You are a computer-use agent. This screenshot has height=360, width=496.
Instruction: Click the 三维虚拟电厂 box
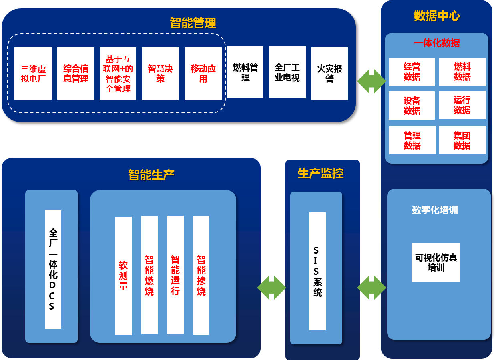pyautogui.click(x=33, y=73)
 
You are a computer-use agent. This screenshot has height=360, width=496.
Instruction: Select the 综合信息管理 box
pyautogui.click(x=76, y=73)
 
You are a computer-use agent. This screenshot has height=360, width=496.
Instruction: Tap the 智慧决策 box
pyautogui.click(x=160, y=73)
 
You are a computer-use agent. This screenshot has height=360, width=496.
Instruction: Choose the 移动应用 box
pyautogui.click(x=203, y=73)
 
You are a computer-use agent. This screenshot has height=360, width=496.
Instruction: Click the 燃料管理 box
pyautogui.click(x=245, y=72)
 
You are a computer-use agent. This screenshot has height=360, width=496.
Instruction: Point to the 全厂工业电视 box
pyautogui.click(x=287, y=72)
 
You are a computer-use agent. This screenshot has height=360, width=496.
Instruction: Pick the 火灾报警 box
pyautogui.click(x=329, y=73)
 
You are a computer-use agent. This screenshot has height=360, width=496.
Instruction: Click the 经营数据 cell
pyautogui.click(x=412, y=72)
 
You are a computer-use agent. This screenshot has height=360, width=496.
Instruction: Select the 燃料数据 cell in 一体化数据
pyautogui.click(x=462, y=72)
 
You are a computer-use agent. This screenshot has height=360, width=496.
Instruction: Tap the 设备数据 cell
pyautogui.click(x=412, y=105)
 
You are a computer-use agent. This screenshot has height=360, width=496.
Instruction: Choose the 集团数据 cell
pyautogui.click(x=462, y=140)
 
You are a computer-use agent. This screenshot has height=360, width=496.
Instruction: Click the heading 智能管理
pyautogui.click(x=193, y=23)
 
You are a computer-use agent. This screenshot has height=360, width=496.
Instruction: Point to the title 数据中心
pyautogui.click(x=437, y=16)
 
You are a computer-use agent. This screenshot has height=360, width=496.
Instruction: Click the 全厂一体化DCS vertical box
pyautogui.click(x=53, y=269)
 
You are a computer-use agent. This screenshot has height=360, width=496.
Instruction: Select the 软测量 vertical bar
pyautogui.click(x=123, y=276)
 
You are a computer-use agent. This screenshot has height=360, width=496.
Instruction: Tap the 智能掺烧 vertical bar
pyautogui.click(x=201, y=275)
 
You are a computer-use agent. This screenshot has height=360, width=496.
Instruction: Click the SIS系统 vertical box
pyautogui.click(x=317, y=271)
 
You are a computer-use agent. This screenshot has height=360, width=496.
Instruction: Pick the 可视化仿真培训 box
pyautogui.click(x=436, y=262)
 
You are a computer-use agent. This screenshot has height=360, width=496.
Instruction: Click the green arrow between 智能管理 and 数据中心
pyautogui.click(x=371, y=81)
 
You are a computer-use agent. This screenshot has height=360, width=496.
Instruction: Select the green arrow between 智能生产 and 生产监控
pyautogui.click(x=271, y=288)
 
